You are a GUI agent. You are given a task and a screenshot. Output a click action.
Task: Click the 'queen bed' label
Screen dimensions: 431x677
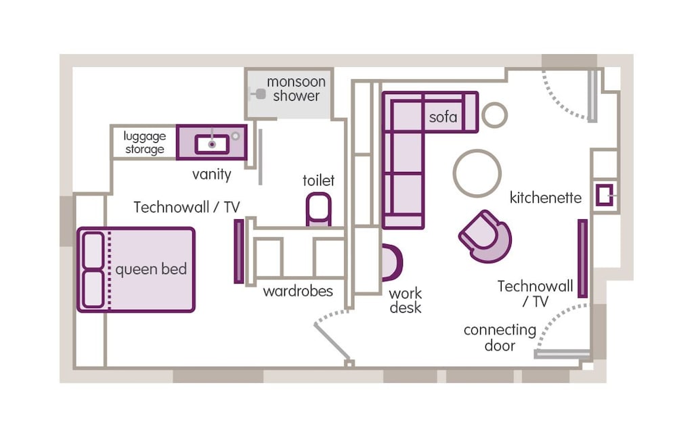150,270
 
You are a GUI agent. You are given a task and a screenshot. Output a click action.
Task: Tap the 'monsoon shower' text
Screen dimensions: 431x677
296,89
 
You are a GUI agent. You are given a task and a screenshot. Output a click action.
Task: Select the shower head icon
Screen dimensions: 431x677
260,94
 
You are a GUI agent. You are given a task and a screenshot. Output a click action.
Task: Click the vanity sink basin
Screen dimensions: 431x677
212,143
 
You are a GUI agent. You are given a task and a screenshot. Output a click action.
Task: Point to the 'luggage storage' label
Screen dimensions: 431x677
144,143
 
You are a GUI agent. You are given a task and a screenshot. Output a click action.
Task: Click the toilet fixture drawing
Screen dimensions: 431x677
318,209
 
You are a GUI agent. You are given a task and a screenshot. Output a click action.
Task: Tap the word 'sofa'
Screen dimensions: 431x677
443,117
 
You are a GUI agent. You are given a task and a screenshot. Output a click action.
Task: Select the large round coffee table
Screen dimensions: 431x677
477,173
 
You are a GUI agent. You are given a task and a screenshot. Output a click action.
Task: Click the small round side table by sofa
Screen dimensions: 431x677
494,115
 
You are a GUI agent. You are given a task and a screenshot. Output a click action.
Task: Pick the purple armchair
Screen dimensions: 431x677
485,236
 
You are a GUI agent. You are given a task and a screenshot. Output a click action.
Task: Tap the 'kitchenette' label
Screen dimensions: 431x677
546,198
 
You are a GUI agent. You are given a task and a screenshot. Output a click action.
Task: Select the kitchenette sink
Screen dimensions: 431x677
604,195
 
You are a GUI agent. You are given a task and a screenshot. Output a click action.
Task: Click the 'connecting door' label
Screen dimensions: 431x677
500,338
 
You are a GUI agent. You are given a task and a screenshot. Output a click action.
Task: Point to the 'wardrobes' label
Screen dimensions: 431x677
298,292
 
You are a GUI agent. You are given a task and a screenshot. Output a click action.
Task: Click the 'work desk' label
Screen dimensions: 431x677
405,300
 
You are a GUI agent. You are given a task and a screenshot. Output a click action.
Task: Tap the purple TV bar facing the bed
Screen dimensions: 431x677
238,251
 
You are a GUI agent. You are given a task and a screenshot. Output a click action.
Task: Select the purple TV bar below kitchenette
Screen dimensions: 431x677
582,258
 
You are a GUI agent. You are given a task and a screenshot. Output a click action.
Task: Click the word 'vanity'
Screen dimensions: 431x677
211,175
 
